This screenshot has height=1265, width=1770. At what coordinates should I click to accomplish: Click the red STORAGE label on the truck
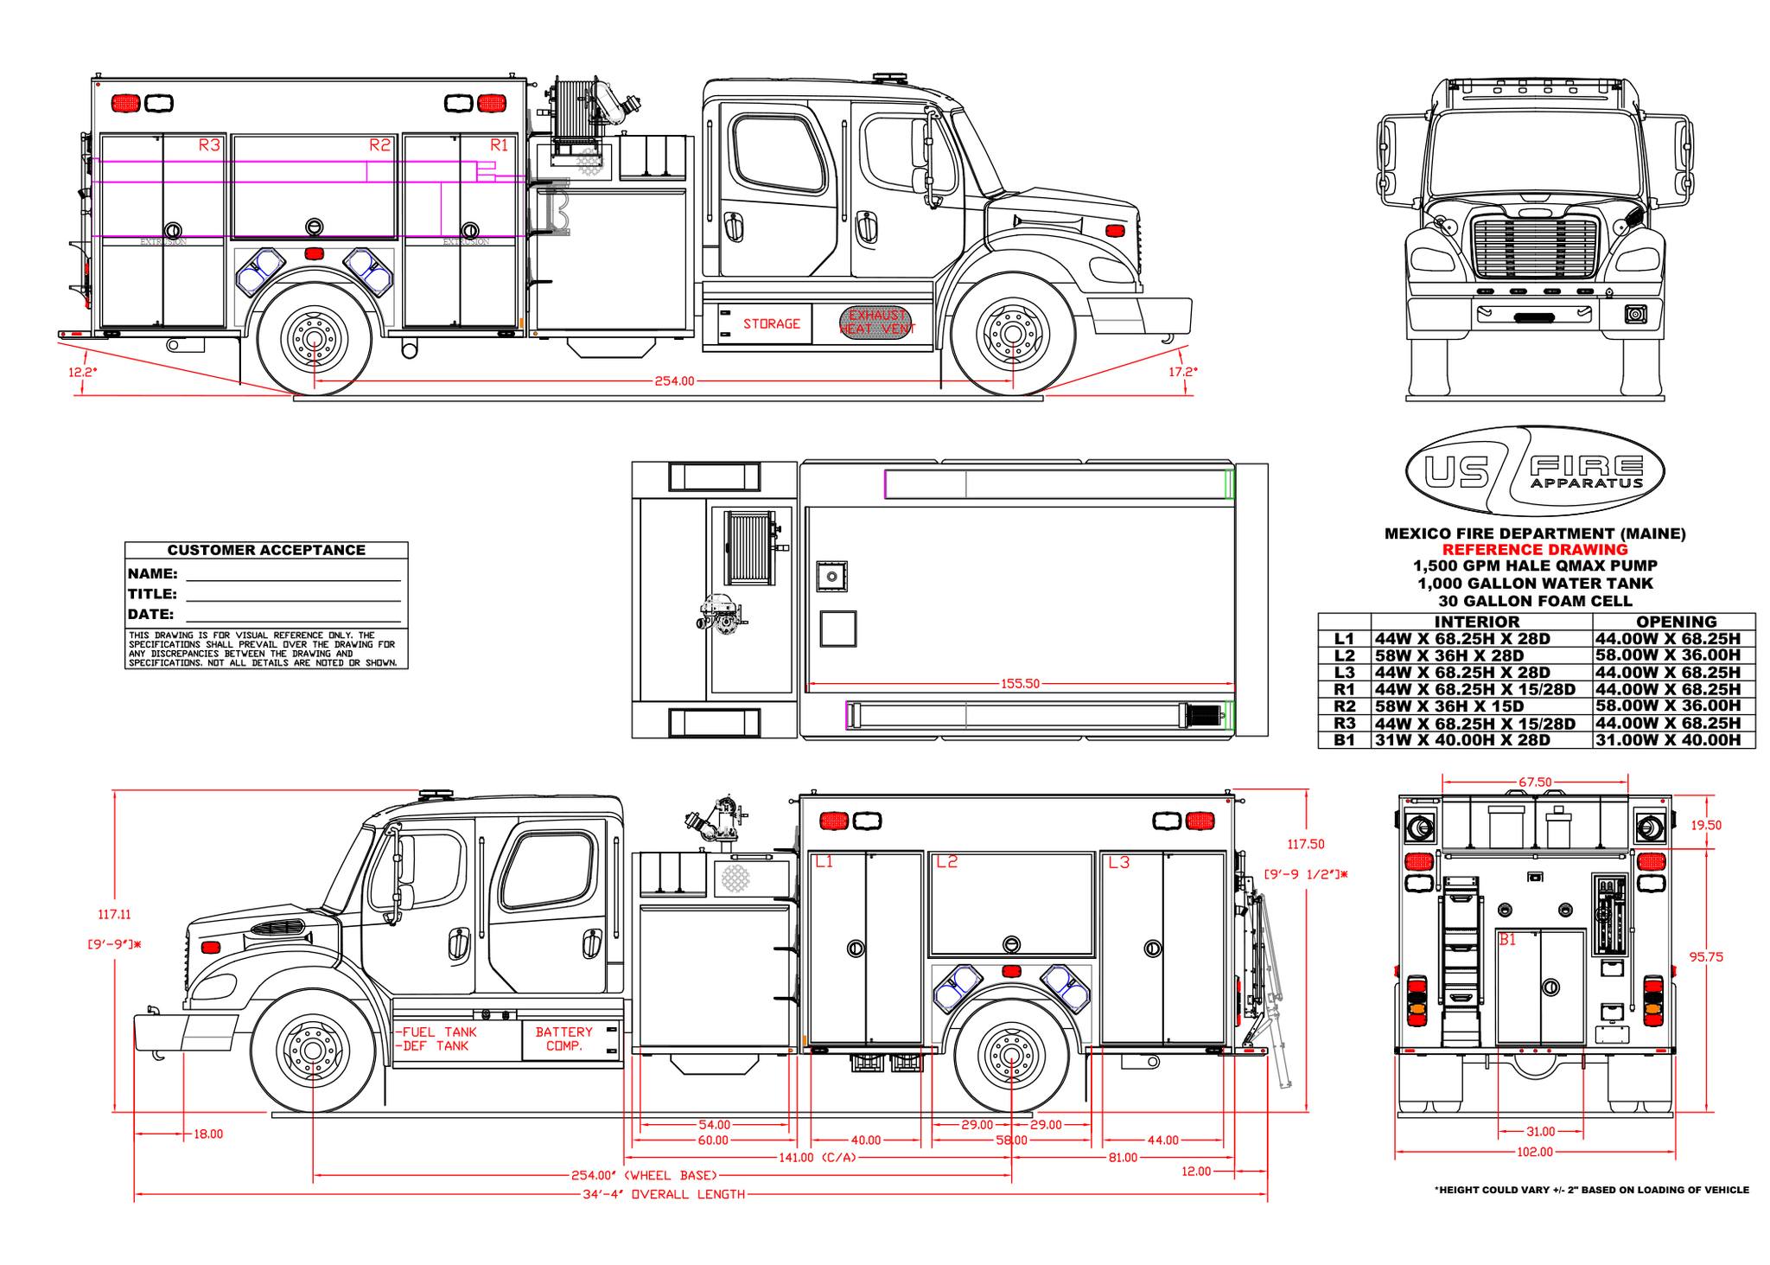click(x=771, y=323)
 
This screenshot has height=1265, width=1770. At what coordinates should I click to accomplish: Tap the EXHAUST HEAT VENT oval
click(x=876, y=322)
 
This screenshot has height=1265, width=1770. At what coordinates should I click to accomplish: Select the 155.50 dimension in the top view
click(x=1020, y=684)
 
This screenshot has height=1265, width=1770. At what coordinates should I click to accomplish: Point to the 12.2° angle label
click(x=83, y=372)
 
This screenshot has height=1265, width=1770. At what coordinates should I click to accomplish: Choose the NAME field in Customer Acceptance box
click(x=292, y=574)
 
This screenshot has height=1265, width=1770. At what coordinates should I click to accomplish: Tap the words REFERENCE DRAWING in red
click(x=1534, y=550)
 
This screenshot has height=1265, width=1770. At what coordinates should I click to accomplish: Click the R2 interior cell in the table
click(x=1481, y=706)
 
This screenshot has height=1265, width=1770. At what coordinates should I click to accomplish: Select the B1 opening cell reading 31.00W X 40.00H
click(x=1673, y=740)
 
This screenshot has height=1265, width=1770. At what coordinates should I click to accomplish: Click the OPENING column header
click(x=1676, y=622)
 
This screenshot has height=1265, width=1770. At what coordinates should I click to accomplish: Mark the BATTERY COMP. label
click(x=563, y=1038)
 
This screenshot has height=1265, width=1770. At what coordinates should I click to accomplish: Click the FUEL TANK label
click(x=438, y=1032)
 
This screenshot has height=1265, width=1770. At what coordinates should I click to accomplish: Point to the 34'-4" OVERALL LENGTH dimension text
click(x=663, y=1195)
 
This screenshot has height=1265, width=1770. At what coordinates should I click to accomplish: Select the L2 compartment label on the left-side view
click(x=947, y=862)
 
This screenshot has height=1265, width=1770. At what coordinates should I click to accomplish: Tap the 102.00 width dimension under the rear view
click(x=1535, y=1152)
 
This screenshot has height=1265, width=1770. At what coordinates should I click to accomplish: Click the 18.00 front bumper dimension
click(x=208, y=1134)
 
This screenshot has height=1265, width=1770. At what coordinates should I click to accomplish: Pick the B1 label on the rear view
click(x=1507, y=940)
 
